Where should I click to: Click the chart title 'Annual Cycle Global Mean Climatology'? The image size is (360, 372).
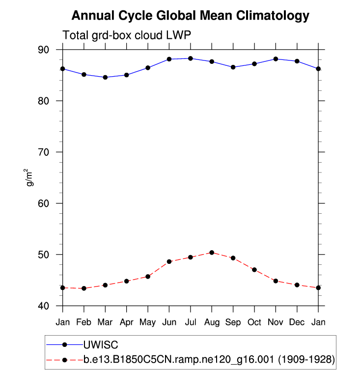(191, 16)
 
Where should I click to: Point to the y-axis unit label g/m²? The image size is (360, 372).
(30, 177)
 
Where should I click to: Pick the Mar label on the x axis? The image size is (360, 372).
(105, 322)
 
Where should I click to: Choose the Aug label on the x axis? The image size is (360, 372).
(212, 322)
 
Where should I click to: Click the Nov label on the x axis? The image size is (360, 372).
(276, 322)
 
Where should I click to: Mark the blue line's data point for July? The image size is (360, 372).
(191, 58)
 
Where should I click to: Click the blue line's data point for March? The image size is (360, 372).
(105, 77)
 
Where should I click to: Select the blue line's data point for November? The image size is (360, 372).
(276, 59)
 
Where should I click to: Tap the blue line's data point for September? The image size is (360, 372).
(233, 67)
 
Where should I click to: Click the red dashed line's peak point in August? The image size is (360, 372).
(212, 253)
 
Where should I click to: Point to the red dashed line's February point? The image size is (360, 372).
(84, 288)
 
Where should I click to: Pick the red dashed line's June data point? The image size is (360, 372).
(169, 261)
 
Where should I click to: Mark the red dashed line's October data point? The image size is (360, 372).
(254, 270)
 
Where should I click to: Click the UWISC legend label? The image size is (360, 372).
(101, 344)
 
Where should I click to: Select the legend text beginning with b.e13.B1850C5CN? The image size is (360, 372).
(209, 360)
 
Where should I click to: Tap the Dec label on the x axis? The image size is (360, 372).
(297, 322)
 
